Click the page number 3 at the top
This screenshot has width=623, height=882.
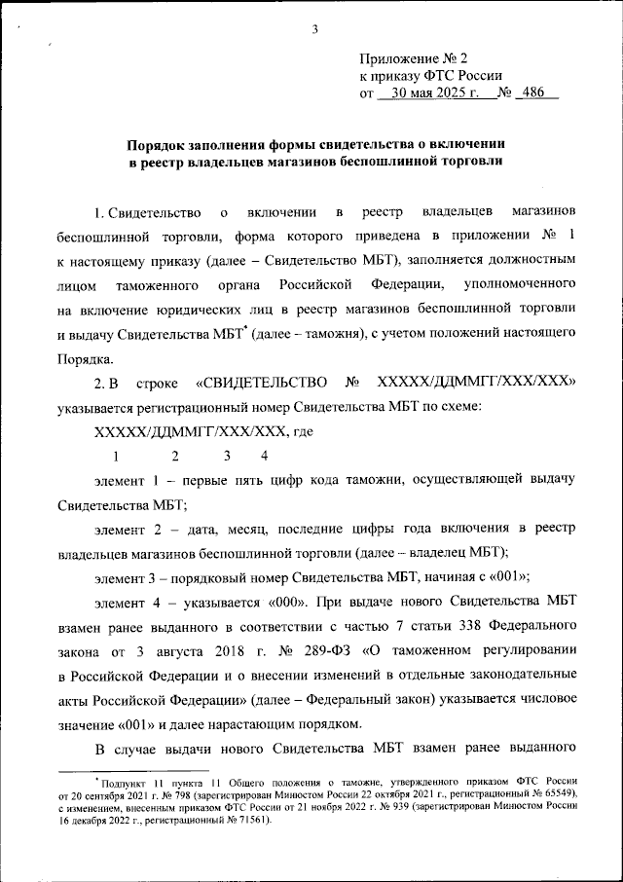pos(315,28)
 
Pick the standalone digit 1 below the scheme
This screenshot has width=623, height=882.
pos(116,456)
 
